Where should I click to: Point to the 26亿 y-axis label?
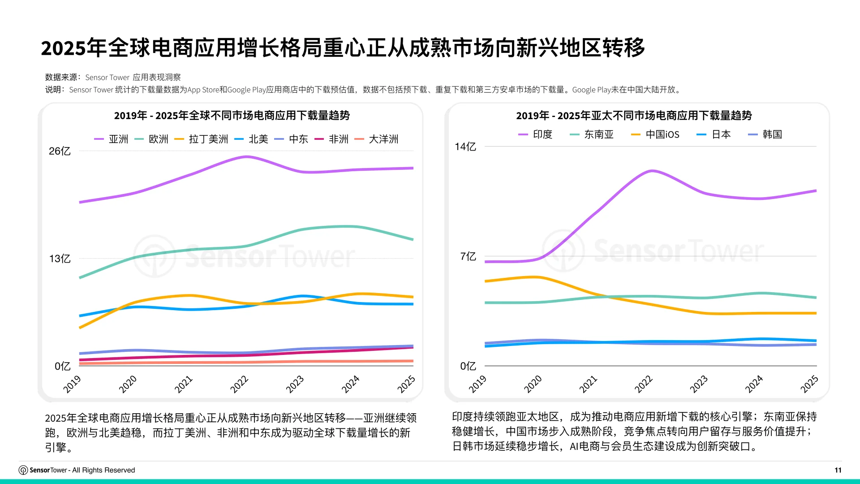pos(60,151)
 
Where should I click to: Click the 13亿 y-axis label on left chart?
pos(60,259)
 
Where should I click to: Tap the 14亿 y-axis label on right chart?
pos(465,147)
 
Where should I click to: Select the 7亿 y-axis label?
pos(468,257)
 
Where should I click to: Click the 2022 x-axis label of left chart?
pos(239,385)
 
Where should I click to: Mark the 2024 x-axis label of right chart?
pos(754,385)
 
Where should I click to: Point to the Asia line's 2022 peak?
pos(246,157)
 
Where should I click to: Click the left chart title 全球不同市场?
pos(232,116)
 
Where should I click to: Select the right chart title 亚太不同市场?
pos(633,116)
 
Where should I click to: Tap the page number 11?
pos(838,470)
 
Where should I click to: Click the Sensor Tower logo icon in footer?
pos(23,470)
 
